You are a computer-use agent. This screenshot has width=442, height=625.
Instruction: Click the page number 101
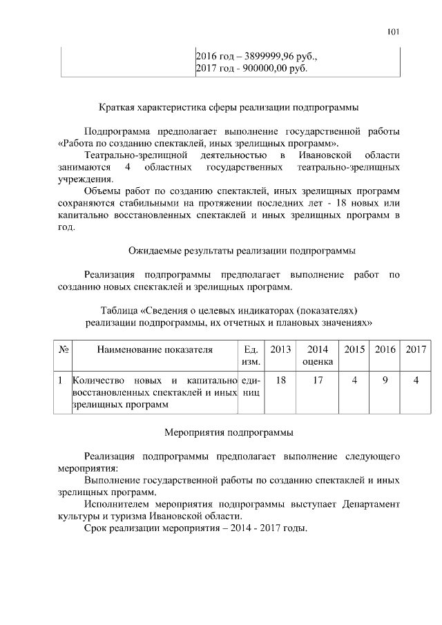394,32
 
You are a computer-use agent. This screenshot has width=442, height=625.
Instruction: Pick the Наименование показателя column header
154,349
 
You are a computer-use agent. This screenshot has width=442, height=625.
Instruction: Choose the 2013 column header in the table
280,349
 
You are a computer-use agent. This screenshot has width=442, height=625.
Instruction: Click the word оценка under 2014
318,362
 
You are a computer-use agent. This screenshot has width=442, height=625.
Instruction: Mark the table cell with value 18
280,380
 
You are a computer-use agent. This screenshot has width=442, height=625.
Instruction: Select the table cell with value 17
318,380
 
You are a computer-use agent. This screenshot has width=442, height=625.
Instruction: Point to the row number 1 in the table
61,380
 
